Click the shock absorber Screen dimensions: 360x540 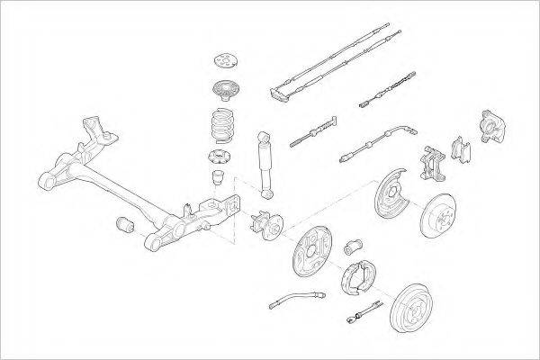266,162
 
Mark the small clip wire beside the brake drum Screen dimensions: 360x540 362,315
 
